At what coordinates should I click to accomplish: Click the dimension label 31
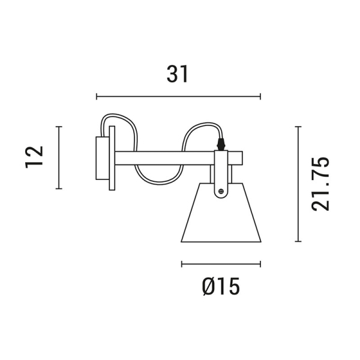(x=177, y=74)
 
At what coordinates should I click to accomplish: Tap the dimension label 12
(x=34, y=157)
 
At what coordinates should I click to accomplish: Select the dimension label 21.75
(x=320, y=184)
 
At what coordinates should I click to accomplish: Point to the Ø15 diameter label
(x=221, y=286)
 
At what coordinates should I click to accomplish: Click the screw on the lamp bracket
(x=221, y=191)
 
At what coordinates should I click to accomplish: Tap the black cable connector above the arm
(x=221, y=144)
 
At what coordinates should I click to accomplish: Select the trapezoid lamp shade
(x=221, y=212)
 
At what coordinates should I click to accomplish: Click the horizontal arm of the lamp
(x=179, y=158)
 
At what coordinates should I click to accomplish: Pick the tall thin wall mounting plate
(x=112, y=158)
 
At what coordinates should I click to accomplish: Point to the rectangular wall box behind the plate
(x=103, y=158)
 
